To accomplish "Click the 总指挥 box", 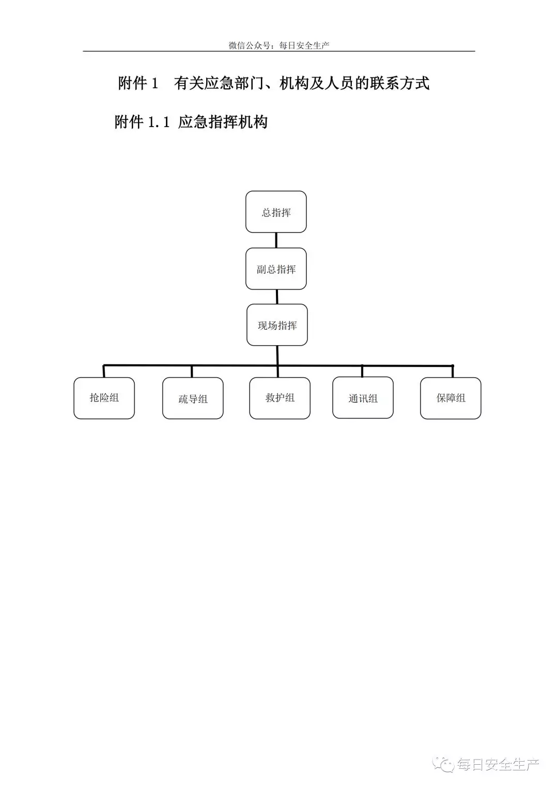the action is pyautogui.click(x=276, y=212).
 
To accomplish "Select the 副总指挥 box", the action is pyautogui.click(x=276, y=269).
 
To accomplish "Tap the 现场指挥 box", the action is pyautogui.click(x=277, y=325).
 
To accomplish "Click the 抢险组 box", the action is pyautogui.click(x=104, y=398).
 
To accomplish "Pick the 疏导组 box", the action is pyautogui.click(x=193, y=398).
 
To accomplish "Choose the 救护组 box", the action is pyautogui.click(x=280, y=398).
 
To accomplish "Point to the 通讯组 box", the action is pyautogui.click(x=363, y=398).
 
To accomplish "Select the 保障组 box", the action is pyautogui.click(x=451, y=398).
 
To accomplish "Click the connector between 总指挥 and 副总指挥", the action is pyautogui.click(x=276, y=240).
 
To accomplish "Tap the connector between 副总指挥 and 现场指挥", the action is pyautogui.click(x=277, y=297).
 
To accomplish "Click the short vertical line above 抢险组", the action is pyautogui.click(x=103, y=372).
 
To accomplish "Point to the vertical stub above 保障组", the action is pyautogui.click(x=453, y=372).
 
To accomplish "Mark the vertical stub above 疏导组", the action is pyautogui.click(x=192, y=372).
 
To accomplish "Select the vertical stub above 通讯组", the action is pyautogui.click(x=362, y=372).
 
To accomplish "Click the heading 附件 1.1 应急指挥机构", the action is pyautogui.click(x=191, y=122).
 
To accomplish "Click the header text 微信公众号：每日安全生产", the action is pyautogui.click(x=279, y=45).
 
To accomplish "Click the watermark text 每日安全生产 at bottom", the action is pyautogui.click(x=498, y=764).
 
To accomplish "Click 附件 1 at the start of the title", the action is pyautogui.click(x=138, y=83).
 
